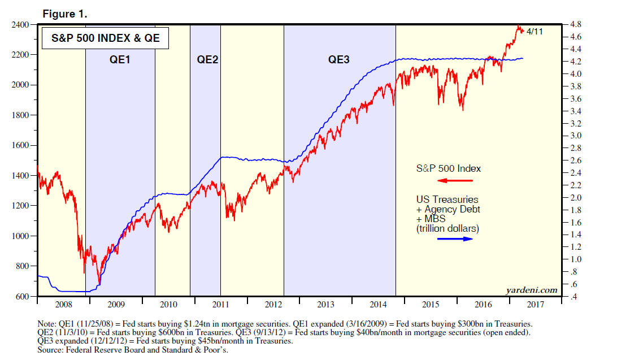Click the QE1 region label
click(119, 59)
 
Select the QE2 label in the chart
click(207, 59)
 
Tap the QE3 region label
click(339, 59)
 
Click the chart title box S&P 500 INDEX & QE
click(106, 38)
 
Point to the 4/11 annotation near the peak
click(535, 32)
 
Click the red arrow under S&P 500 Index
click(455, 181)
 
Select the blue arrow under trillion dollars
click(455, 239)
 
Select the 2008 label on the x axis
click(63, 305)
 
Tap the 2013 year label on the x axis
click(325, 305)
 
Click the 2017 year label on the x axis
click(535, 305)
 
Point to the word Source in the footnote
click(50, 349)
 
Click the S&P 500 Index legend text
click(449, 168)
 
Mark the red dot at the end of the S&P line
click(522, 31)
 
